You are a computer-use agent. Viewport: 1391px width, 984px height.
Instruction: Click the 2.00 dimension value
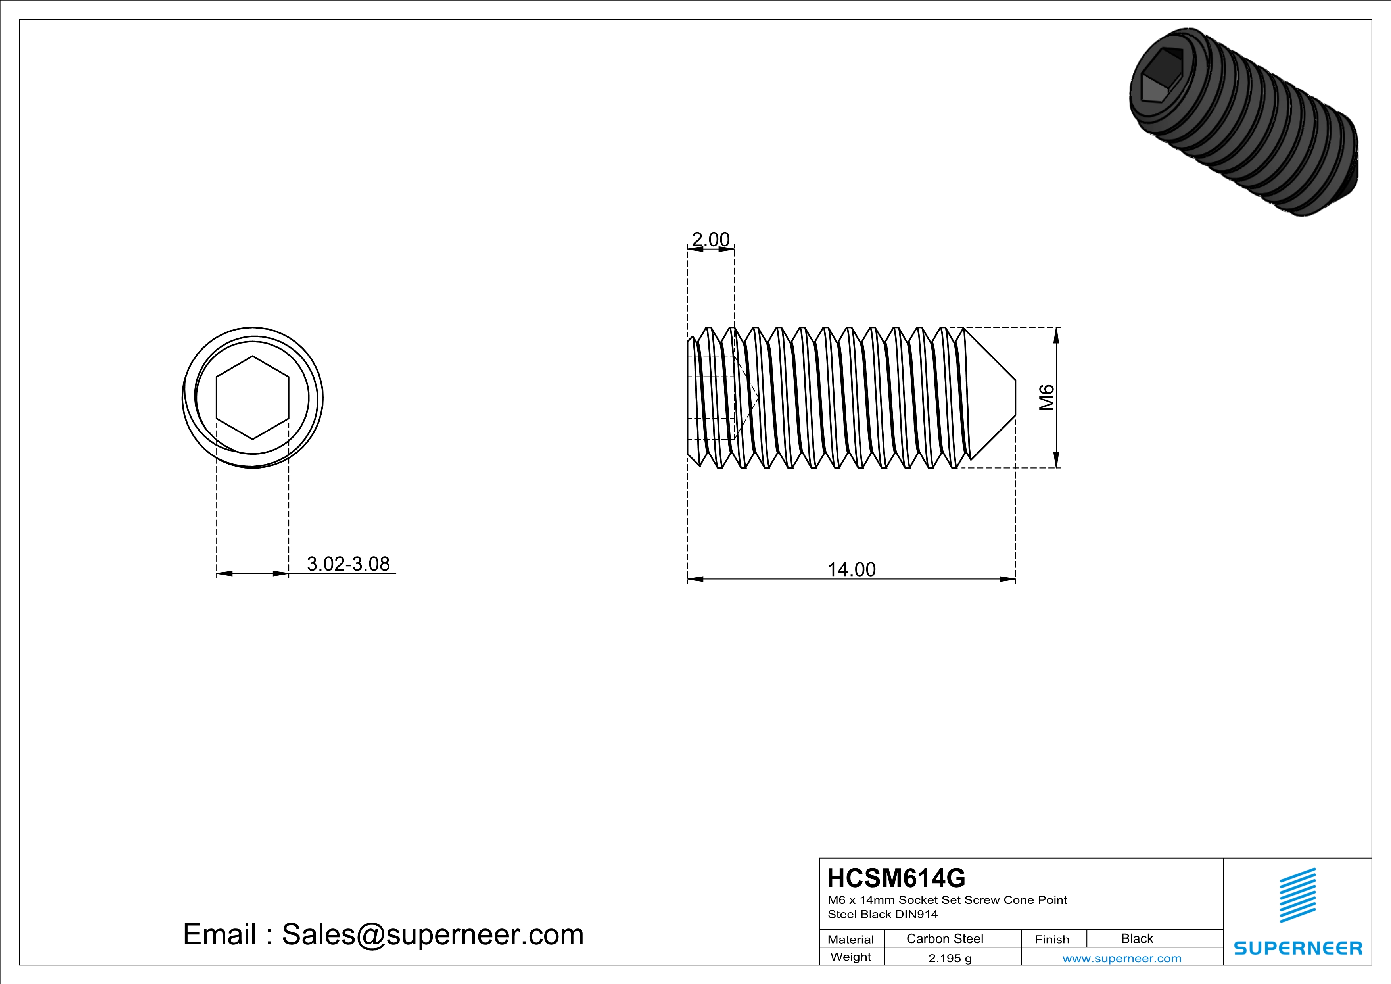(x=711, y=240)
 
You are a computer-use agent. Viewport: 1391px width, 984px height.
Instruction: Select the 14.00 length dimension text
(x=851, y=569)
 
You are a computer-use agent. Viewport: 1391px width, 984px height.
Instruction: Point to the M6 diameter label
(x=1047, y=398)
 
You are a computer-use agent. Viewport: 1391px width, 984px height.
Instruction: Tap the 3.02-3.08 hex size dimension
(x=348, y=564)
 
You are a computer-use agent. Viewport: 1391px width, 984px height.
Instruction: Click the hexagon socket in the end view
(x=253, y=398)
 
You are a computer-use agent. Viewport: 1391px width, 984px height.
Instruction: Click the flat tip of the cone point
(x=1015, y=398)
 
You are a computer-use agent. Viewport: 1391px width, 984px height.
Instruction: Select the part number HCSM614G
(x=896, y=878)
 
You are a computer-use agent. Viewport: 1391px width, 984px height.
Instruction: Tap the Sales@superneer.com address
(x=433, y=934)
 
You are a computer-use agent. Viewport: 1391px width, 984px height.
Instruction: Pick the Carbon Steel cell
(x=944, y=938)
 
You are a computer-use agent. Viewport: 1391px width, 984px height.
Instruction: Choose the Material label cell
(x=851, y=939)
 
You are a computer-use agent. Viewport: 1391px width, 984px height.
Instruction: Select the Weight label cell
(x=851, y=957)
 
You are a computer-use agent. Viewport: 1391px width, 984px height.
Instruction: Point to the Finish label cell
(x=1052, y=939)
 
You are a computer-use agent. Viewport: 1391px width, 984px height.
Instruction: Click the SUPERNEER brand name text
(x=1298, y=948)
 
